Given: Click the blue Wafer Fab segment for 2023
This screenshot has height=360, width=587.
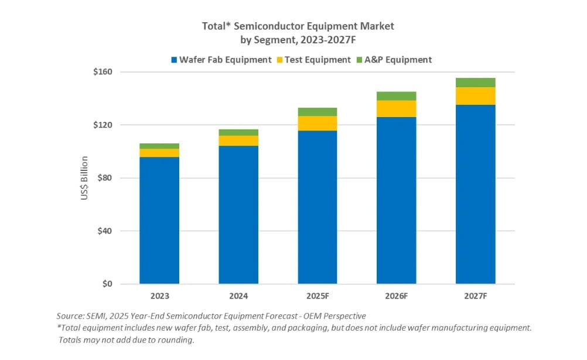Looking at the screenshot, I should click(159, 220).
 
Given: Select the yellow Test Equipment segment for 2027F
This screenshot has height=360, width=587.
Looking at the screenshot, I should click(476, 96).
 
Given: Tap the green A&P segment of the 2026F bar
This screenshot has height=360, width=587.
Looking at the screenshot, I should click(397, 96).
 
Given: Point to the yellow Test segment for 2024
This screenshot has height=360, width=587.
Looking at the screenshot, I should click(238, 140).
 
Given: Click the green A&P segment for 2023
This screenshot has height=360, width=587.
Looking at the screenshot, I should click(159, 146).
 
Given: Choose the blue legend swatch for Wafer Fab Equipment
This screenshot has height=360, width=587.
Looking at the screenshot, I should click(175, 60).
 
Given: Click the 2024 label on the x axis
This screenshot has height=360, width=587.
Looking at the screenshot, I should click(238, 296).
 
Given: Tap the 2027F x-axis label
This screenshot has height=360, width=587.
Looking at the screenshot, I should click(476, 296).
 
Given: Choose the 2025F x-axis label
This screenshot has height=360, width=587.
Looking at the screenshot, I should click(317, 296).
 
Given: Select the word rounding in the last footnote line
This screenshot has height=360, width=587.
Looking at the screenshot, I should click(173, 340).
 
